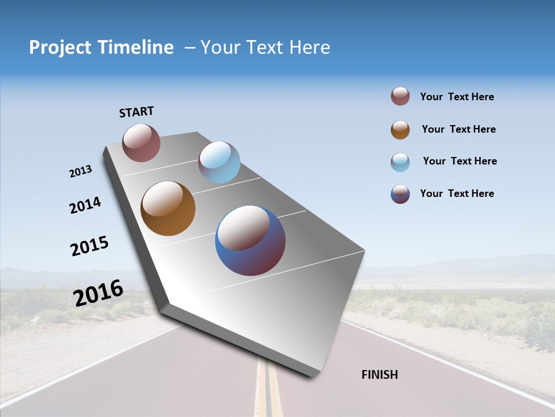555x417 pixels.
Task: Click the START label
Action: tap(136, 112)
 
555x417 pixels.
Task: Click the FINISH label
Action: tap(379, 375)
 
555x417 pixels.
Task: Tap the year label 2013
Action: tap(80, 171)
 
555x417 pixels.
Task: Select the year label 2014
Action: tap(85, 206)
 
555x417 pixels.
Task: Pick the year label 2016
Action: tap(98, 293)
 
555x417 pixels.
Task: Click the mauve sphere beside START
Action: tap(141, 142)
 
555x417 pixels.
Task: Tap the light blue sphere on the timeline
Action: tap(219, 162)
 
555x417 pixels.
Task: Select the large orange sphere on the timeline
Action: tap(168, 209)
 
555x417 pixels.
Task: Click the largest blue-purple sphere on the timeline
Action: tap(250, 240)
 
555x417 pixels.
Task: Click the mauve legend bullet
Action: tap(400, 96)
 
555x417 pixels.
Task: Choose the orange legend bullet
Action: tap(400, 130)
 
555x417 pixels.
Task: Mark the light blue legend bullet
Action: tap(400, 162)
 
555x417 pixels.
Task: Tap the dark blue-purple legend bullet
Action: tap(400, 194)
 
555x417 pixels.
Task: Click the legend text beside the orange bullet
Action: tap(458, 129)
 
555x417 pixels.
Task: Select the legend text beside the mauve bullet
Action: tap(457, 97)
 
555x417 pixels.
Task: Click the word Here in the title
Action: tap(309, 47)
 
